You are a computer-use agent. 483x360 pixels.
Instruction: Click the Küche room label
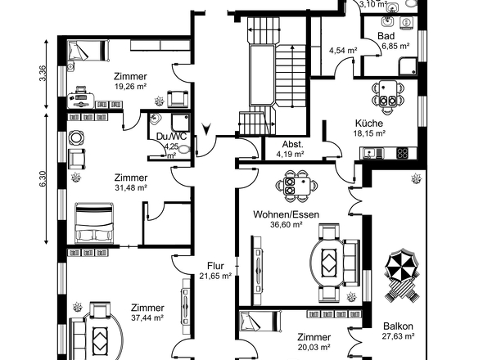click(369, 124)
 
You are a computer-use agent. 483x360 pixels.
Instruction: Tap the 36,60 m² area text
click(287, 224)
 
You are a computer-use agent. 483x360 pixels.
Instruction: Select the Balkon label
click(398, 326)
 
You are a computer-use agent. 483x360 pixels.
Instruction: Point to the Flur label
click(215, 265)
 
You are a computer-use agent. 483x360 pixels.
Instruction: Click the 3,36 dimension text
click(43, 74)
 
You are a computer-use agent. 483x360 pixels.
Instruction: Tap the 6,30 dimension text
click(43, 178)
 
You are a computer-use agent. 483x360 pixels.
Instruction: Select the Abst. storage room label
click(292, 144)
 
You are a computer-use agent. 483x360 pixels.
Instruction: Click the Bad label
click(386, 36)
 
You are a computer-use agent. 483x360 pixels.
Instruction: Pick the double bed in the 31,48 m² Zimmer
click(94, 223)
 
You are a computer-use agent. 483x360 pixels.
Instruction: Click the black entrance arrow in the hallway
click(206, 128)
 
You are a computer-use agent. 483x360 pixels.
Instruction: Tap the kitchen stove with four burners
click(402, 153)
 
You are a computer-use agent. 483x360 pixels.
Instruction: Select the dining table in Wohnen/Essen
click(297, 186)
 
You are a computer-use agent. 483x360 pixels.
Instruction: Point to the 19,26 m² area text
click(130, 86)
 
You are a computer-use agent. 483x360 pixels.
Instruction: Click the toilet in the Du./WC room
click(184, 150)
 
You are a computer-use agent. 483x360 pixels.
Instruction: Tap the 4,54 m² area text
click(343, 50)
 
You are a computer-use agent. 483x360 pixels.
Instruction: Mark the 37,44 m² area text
click(147, 317)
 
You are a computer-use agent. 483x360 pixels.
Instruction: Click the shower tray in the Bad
click(409, 66)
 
